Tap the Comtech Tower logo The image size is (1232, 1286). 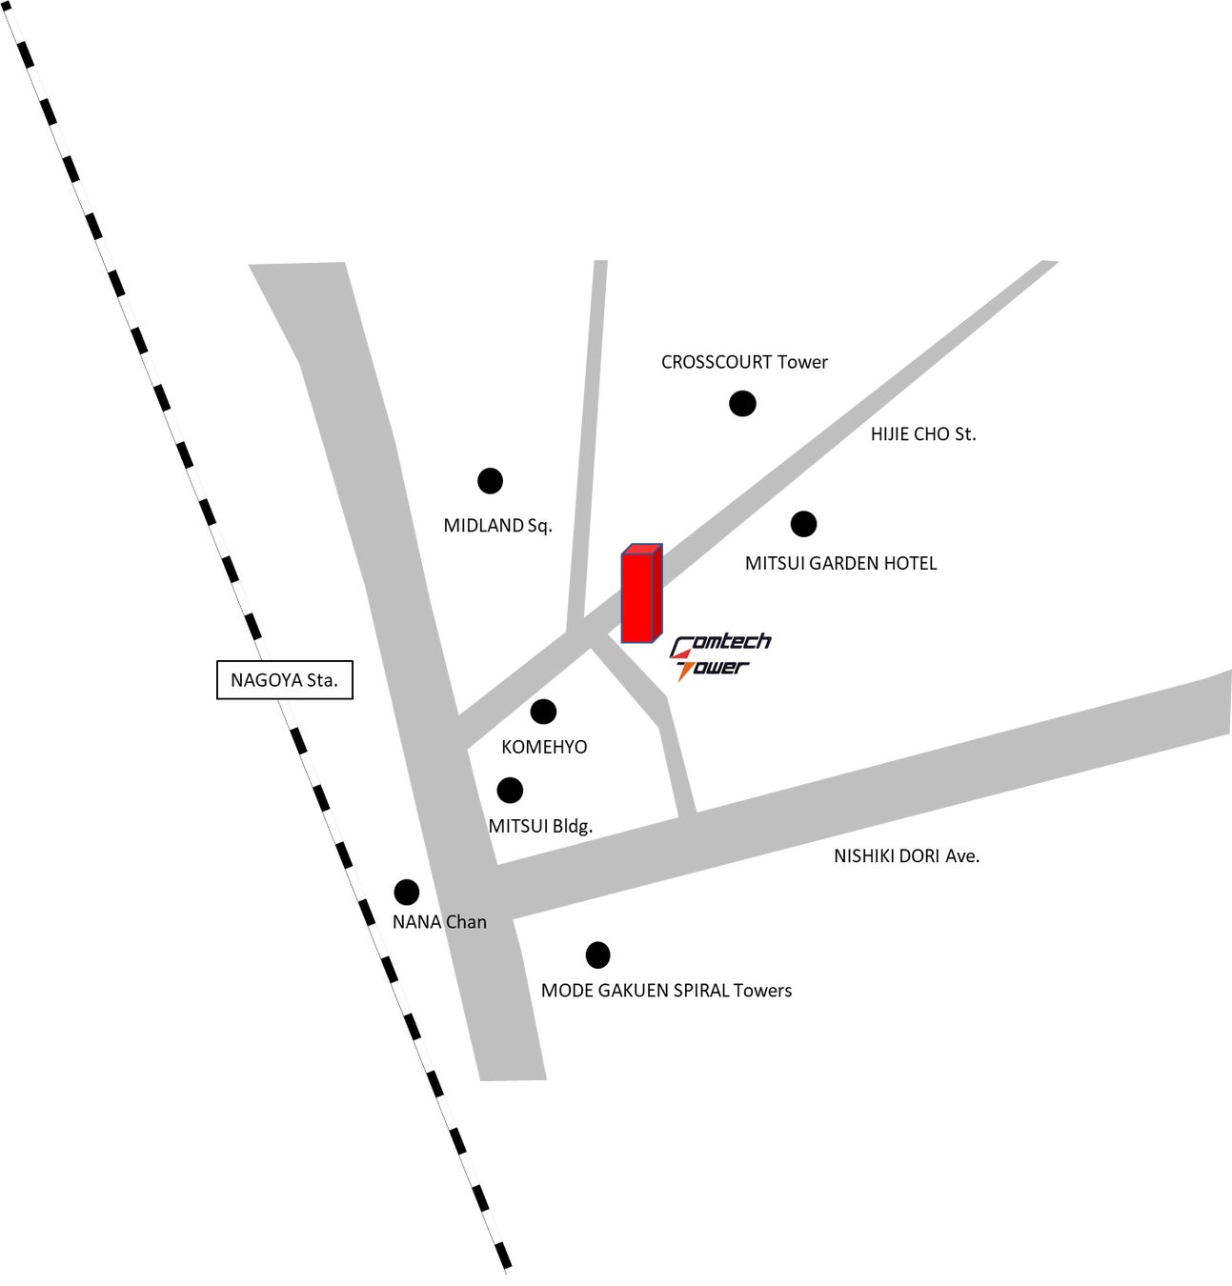(x=720, y=656)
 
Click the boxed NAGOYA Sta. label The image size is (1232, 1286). (x=285, y=680)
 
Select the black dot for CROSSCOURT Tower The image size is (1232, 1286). (x=742, y=404)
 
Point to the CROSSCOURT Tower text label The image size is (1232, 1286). (x=744, y=362)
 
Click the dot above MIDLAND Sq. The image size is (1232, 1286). (x=490, y=481)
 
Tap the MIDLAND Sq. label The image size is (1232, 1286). (x=497, y=526)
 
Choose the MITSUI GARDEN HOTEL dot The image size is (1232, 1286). (x=803, y=523)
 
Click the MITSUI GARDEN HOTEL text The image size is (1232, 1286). (x=840, y=563)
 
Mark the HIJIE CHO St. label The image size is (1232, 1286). (x=923, y=434)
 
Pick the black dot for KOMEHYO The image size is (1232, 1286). (x=543, y=711)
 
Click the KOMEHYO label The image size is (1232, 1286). (x=544, y=747)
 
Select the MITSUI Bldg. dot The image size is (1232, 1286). (x=510, y=790)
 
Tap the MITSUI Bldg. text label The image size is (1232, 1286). (x=540, y=826)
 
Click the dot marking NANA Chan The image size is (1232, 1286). (x=407, y=893)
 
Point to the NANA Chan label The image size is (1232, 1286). (x=439, y=922)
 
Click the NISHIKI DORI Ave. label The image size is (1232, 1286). (x=906, y=856)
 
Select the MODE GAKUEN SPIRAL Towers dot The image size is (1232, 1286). (x=597, y=954)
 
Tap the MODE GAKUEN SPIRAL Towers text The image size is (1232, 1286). (x=666, y=991)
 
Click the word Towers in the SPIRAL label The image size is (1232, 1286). (x=762, y=991)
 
